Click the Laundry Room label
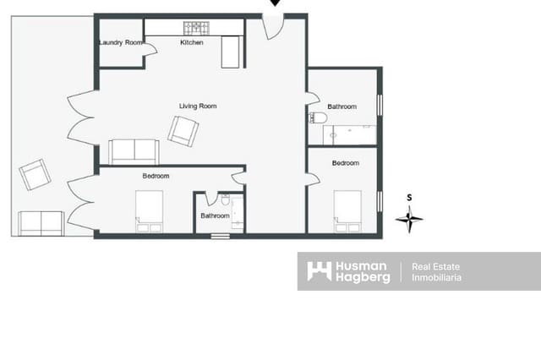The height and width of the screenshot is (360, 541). (x=121, y=42)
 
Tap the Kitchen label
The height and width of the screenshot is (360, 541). (x=192, y=42)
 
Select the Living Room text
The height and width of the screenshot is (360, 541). (x=198, y=106)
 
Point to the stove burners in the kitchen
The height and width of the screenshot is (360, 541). (x=196, y=27)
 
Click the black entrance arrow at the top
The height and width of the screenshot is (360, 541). (x=275, y=3)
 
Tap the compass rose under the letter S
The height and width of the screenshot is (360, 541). (x=409, y=220)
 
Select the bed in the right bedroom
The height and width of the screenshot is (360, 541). (x=347, y=210)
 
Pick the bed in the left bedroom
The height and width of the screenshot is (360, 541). (x=150, y=210)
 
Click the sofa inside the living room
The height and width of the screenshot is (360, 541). (x=134, y=151)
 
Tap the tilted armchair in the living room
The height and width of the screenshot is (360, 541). (x=183, y=130)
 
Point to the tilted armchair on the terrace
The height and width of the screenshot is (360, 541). (x=35, y=174)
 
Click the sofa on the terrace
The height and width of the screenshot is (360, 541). (x=41, y=223)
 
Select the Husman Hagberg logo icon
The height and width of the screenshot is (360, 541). (x=319, y=271)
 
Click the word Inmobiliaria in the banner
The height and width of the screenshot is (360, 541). (x=436, y=277)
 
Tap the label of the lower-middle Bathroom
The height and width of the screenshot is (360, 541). (x=215, y=215)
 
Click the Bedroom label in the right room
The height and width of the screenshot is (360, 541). (x=345, y=162)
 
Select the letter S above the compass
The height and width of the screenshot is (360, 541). (x=409, y=198)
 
